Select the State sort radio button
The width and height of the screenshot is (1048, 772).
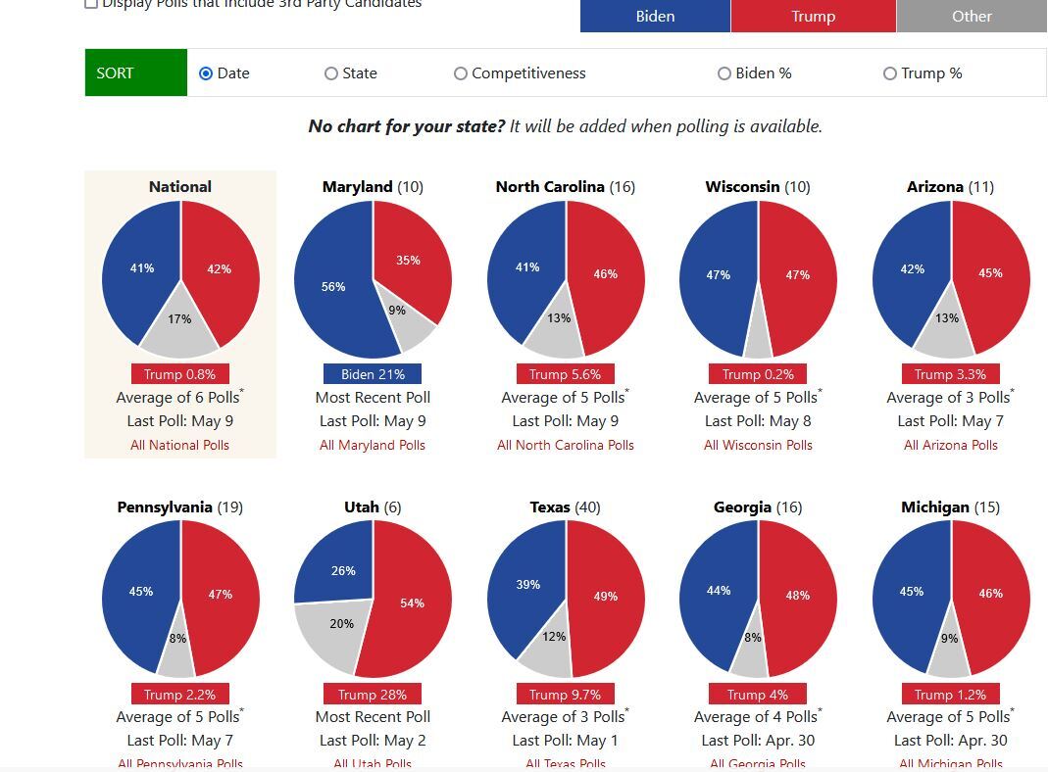pyautogui.click(x=331, y=73)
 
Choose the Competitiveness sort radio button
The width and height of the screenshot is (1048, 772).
pyautogui.click(x=461, y=73)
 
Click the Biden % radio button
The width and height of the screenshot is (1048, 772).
pyautogui.click(x=724, y=73)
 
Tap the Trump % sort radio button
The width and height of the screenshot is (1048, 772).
pyautogui.click(x=890, y=73)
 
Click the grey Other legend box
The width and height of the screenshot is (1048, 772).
pyautogui.click(x=972, y=17)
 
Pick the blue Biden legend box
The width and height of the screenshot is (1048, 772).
pyautogui.click(x=655, y=17)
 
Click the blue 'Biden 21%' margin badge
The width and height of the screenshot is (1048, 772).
pyautogui.click(x=373, y=374)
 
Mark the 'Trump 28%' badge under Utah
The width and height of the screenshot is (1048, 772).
pyautogui.click(x=373, y=695)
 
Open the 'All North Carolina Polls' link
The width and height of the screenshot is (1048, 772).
pyautogui.click(x=566, y=445)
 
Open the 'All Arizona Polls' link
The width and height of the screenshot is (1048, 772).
pyautogui.click(x=951, y=445)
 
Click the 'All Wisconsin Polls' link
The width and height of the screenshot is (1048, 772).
pyautogui.click(x=758, y=445)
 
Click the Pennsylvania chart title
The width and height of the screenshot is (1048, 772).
pyautogui.click(x=165, y=507)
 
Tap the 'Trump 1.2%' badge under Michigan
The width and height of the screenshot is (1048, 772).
pyautogui.click(x=951, y=695)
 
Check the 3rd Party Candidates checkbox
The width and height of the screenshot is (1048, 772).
pyautogui.click(x=91, y=4)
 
